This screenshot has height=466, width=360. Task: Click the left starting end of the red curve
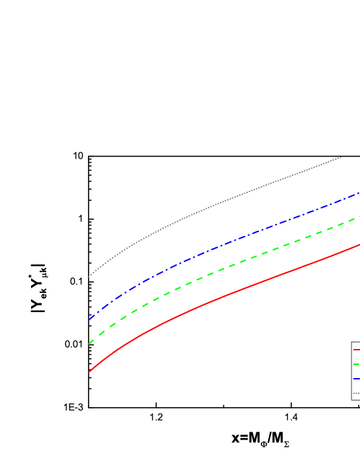89,372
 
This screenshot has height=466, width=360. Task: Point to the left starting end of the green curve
89,344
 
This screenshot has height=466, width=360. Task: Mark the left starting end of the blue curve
89,320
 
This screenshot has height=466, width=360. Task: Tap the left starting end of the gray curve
89,276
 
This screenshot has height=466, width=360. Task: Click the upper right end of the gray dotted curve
342,157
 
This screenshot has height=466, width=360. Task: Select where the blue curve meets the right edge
359,194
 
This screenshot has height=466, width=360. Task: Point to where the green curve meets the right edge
359,217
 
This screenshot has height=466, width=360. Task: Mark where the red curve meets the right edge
359,245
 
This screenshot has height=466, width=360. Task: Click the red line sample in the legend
356,350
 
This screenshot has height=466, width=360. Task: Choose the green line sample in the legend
356,364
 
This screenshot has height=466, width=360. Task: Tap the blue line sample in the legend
356,379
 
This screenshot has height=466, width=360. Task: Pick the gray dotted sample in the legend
356,393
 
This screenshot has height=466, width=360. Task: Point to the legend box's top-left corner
352,342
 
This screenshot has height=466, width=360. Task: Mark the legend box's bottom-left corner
352,399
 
